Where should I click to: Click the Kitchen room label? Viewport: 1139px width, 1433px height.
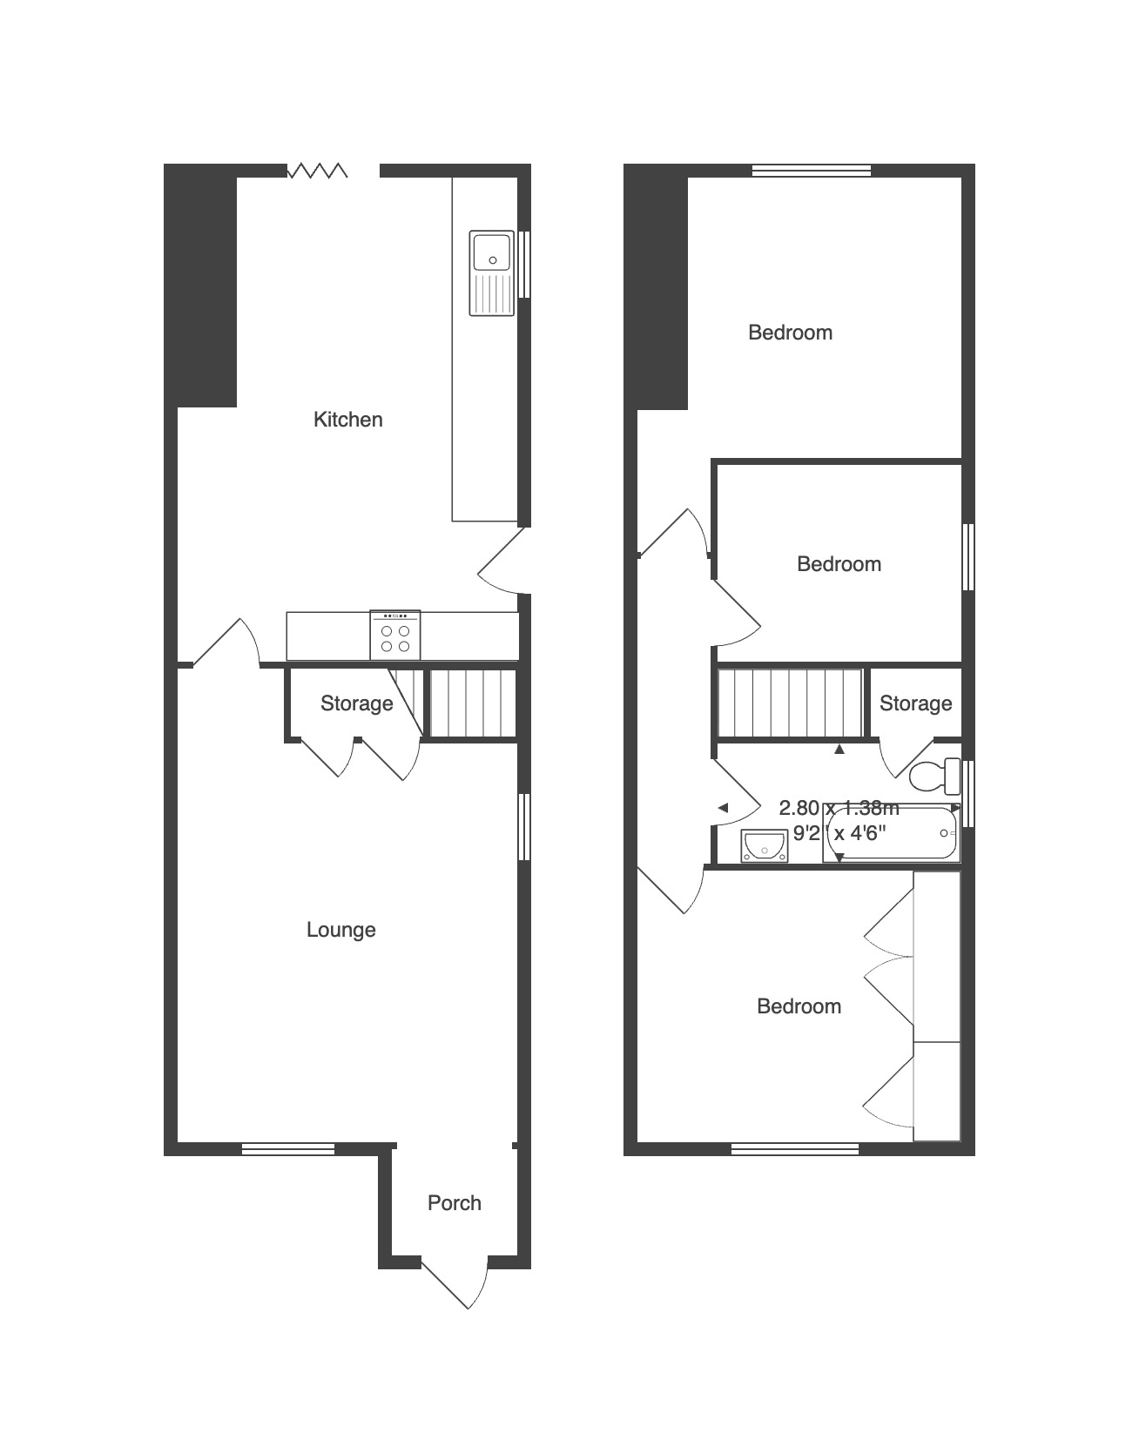coord(347,420)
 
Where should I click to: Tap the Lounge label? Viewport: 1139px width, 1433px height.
coord(341,930)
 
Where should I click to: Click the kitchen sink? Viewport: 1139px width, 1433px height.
coord(492,273)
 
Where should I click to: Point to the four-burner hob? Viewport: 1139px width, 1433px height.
coord(395,636)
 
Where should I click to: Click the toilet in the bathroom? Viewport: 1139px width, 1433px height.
coord(934,776)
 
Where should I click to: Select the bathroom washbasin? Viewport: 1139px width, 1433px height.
coord(764,845)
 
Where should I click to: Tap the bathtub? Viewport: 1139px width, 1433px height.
coord(891,832)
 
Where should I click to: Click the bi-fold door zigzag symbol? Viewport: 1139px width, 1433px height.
coord(317,171)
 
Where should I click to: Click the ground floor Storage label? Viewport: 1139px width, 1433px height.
coord(356,703)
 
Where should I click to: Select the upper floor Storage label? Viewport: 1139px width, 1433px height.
coord(915,703)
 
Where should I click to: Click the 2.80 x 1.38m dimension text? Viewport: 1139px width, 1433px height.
coord(839,808)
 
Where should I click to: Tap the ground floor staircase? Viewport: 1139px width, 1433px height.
coord(453,703)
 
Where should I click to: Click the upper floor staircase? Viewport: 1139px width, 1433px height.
coord(790,703)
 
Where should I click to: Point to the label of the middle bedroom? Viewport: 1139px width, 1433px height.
coord(839,564)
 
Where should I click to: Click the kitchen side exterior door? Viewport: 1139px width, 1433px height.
coord(504,561)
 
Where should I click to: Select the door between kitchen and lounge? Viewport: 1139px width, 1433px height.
coord(226,642)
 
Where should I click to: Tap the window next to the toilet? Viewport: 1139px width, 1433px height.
coord(969,794)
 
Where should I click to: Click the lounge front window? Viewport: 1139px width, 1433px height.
coord(287,1149)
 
